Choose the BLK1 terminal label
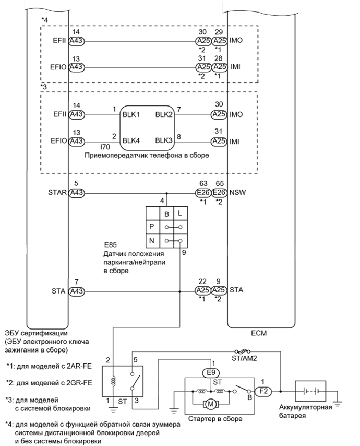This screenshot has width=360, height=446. pyautogui.click(x=131, y=113)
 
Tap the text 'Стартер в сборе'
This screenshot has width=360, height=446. pyautogui.click(x=215, y=419)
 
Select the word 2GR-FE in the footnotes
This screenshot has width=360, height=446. pyautogui.click(x=78, y=382)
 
